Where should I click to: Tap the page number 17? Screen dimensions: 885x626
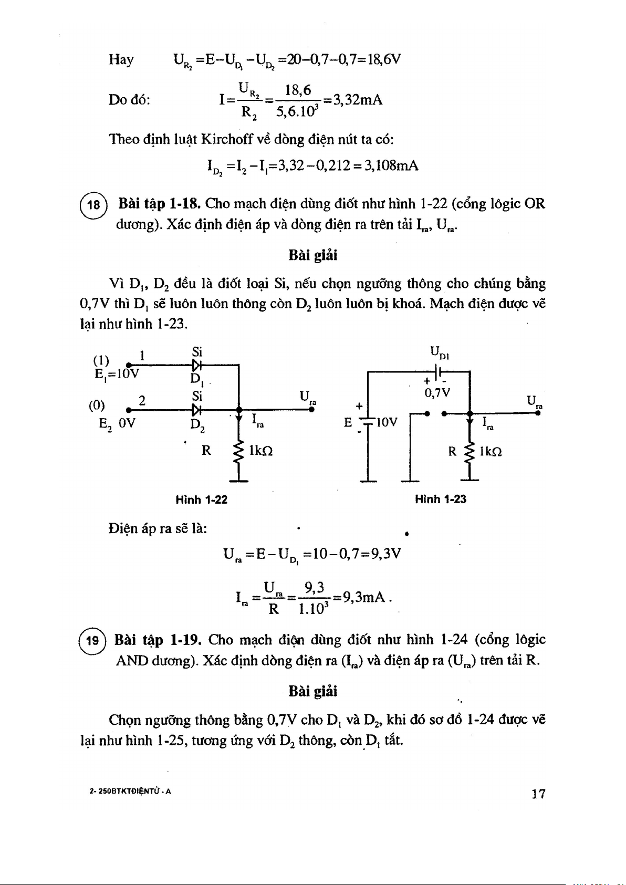[x=538, y=794]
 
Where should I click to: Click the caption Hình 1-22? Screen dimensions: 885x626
[x=201, y=499]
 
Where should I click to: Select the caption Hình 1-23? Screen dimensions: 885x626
[x=440, y=499]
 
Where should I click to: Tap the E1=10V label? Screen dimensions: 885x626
[x=117, y=374]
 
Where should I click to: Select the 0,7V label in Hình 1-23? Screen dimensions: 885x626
[x=437, y=393]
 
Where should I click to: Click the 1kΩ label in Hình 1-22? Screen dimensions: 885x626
[x=261, y=451]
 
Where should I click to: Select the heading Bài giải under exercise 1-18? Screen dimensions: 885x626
[x=313, y=256]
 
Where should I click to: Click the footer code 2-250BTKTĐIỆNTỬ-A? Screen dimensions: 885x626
[x=131, y=792]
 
